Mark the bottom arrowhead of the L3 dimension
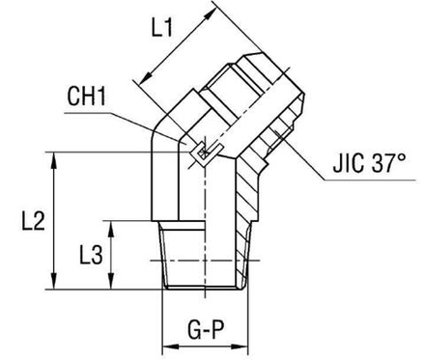[117, 286]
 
